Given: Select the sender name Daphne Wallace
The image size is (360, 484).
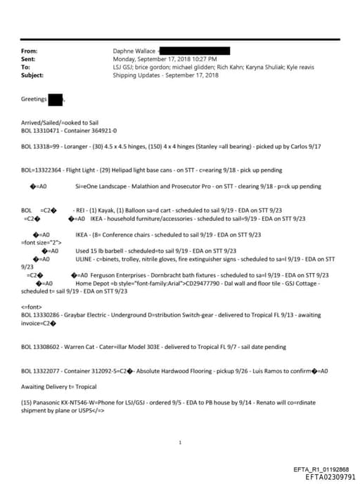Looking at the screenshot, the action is [x=134, y=51].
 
